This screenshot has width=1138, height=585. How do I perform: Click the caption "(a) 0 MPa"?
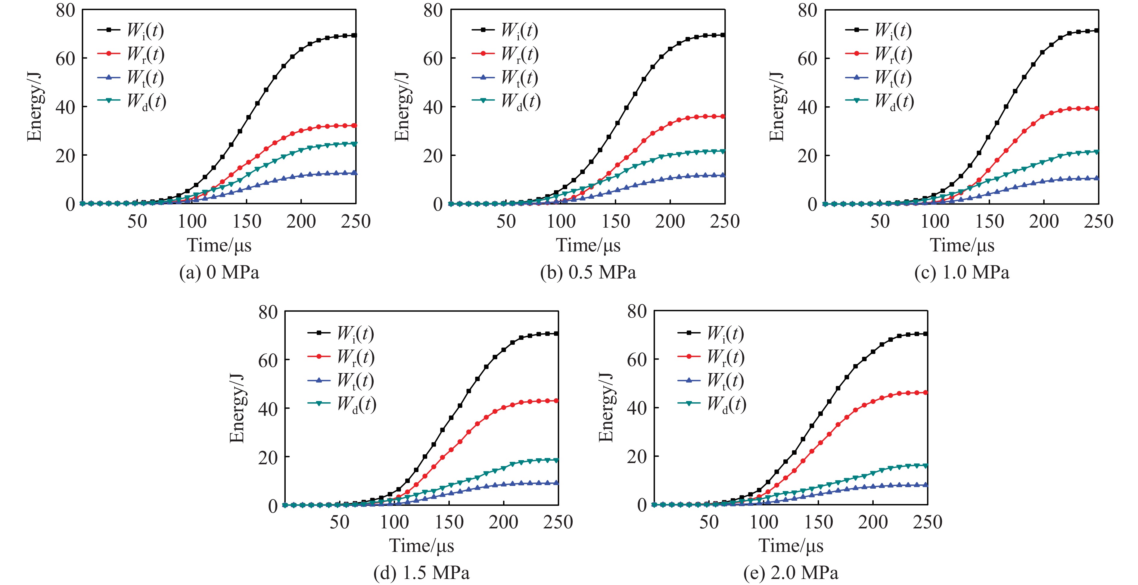click(219, 272)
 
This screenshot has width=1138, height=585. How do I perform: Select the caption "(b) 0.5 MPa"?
click(588, 272)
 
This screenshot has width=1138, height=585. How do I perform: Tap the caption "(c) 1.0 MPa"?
click(962, 272)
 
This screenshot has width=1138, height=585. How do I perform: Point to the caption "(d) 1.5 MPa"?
click(421, 573)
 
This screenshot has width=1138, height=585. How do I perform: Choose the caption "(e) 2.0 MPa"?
click(791, 573)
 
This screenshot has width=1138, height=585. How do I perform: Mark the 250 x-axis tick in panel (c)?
click(1098, 221)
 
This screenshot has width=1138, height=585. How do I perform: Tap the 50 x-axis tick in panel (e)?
click(709, 522)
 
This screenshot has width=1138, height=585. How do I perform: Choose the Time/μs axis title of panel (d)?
click(421, 546)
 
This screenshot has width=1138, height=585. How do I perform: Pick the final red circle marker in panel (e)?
click(926, 392)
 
